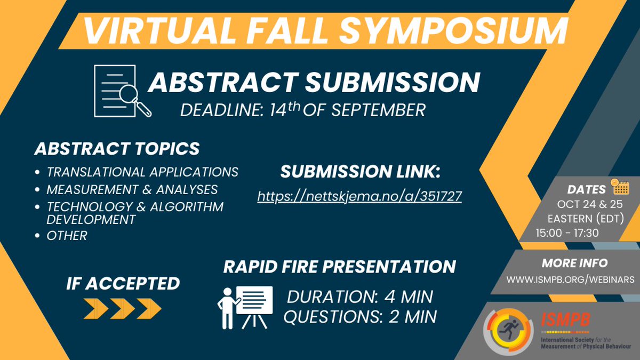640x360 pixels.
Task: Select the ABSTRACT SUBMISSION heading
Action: pos(314,82)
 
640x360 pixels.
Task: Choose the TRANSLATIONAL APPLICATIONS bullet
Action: pos(142,172)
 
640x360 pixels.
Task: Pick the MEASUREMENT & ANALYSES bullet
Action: pos(132,189)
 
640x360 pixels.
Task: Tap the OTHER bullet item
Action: pos(67,235)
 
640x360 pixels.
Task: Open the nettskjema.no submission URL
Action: pos(359,196)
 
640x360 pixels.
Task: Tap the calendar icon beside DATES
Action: pos(621,187)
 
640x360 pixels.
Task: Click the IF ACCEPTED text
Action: pos(122,283)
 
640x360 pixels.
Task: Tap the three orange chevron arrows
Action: pos(122,308)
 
